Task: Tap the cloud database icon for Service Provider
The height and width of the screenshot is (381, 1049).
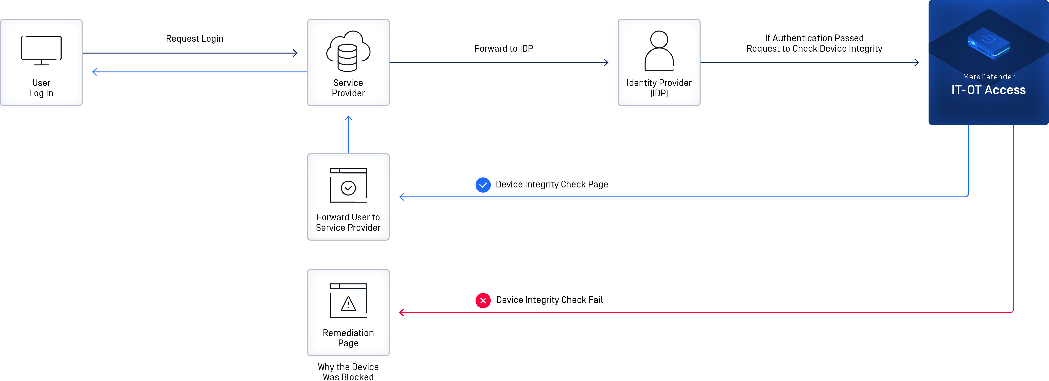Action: [348, 51]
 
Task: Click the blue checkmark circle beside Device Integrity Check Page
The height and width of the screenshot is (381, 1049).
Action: [483, 185]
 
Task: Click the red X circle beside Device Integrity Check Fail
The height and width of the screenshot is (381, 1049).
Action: [483, 300]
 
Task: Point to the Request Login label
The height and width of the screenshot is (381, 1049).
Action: [195, 39]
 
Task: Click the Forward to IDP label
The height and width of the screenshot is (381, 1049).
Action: [504, 48]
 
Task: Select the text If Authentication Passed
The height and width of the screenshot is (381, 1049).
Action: [814, 38]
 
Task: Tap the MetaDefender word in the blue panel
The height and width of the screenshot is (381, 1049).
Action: [989, 77]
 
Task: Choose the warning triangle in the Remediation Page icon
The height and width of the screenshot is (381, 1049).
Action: [348, 304]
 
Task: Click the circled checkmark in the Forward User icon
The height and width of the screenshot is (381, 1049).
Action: [348, 188]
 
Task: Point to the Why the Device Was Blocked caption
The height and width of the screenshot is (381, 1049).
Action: [348, 372]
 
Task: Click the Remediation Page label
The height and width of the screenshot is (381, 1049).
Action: [348, 338]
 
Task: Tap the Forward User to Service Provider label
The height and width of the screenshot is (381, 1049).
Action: [348, 222]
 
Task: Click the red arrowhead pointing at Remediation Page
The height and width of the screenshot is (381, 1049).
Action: [402, 313]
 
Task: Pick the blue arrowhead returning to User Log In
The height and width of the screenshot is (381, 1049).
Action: [95, 72]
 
